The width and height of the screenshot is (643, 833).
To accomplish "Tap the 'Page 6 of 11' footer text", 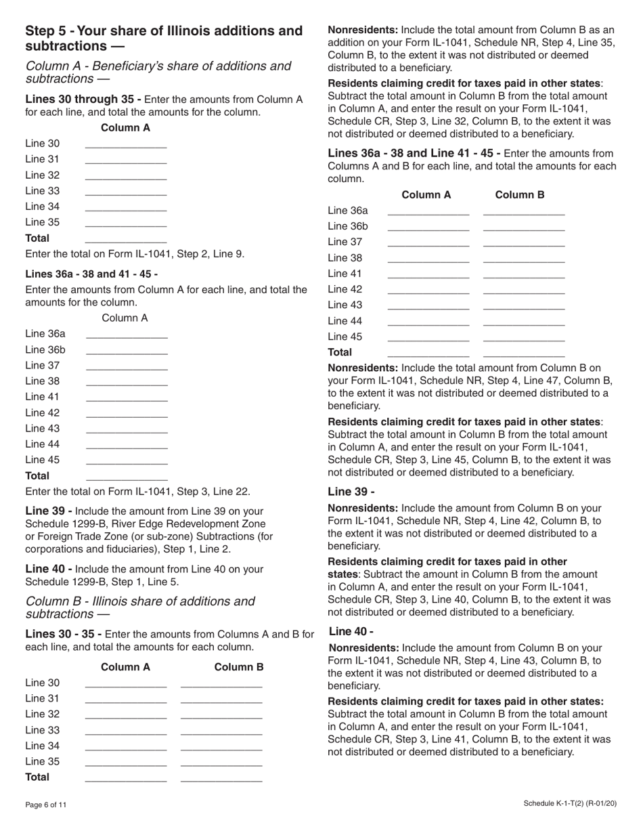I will [x=46, y=805].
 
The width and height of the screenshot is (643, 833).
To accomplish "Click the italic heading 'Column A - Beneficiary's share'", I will [x=158, y=66].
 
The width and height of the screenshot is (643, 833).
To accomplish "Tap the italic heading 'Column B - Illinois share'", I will [x=140, y=601].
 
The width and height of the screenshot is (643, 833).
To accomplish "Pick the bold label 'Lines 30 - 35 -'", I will [x=64, y=635].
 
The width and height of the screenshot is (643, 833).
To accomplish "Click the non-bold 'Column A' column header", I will [x=125, y=318].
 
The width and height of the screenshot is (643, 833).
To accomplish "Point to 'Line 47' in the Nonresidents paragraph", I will [x=541, y=381].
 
